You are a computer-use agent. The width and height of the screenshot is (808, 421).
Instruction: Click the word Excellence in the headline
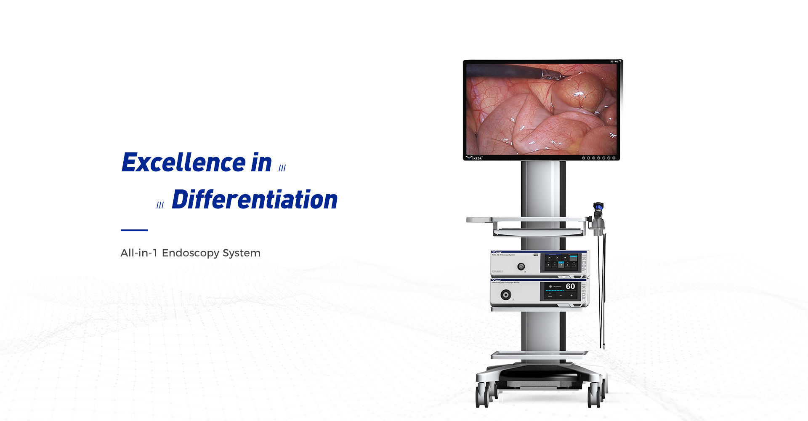[183, 163]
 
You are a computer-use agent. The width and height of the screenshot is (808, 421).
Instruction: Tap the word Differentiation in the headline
[255, 200]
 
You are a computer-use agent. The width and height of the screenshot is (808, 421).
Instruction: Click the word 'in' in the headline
[261, 163]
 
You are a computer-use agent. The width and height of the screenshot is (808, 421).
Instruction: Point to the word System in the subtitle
[242, 253]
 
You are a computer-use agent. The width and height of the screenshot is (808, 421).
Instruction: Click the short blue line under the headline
[134, 230]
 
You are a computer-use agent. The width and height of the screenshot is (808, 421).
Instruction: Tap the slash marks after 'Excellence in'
[282, 168]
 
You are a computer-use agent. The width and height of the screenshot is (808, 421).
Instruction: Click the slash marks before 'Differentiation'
[160, 205]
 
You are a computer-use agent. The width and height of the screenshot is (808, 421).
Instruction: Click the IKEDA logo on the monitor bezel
[474, 158]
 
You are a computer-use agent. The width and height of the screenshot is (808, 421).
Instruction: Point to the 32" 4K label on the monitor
[614, 62]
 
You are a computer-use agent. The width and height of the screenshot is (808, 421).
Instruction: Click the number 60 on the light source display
[570, 286]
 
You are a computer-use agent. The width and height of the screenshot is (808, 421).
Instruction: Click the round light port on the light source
[506, 294]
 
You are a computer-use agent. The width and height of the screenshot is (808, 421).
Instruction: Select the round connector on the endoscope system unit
[521, 266]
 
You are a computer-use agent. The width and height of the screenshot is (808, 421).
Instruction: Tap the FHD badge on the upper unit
[536, 255]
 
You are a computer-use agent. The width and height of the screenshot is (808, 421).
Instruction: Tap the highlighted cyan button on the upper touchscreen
[561, 264]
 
